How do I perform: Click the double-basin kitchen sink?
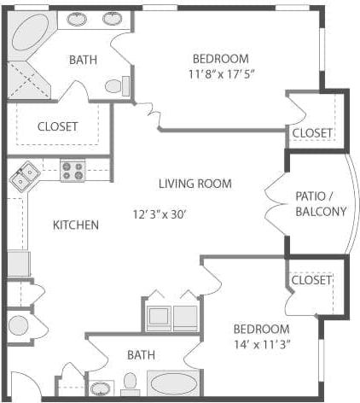[x=24, y=177]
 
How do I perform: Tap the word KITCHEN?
[x=75, y=225]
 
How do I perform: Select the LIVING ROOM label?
[x=195, y=184]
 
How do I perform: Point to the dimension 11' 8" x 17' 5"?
[x=220, y=74]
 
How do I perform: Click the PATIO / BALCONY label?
[x=320, y=203]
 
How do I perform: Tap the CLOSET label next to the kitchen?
[x=57, y=126]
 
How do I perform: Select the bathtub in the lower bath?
[x=175, y=383]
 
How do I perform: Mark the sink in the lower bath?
[x=101, y=388]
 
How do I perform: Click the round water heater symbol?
[x=17, y=325]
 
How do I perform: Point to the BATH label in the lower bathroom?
[x=141, y=353]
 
